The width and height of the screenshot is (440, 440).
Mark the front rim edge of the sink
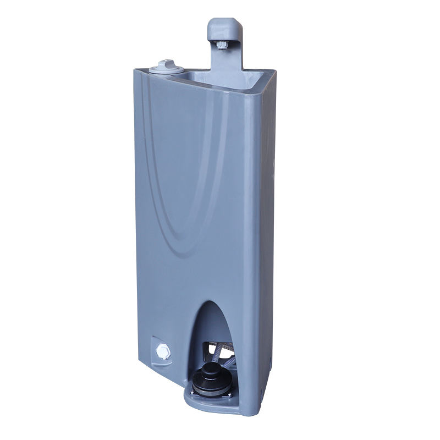coord(220,87)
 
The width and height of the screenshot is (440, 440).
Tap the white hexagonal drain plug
coord(162,350)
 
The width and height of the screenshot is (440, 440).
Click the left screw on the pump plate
coord(193,392)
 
